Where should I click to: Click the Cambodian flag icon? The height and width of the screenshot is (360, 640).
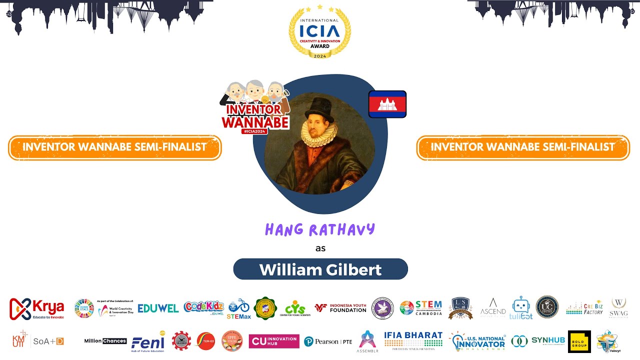pyautogui.click(x=387, y=104)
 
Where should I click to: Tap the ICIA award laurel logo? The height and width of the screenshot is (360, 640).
pyautogui.click(x=320, y=32)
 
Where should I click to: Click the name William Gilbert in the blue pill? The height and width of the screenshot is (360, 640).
pyautogui.click(x=320, y=269)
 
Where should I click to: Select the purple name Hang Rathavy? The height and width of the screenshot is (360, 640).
pyautogui.click(x=320, y=229)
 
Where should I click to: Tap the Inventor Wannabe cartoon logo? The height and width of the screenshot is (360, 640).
pyautogui.click(x=255, y=107)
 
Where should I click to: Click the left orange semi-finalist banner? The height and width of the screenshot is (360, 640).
pyautogui.click(x=114, y=147)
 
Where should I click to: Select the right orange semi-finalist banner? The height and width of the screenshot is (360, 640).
pyautogui.click(x=523, y=147)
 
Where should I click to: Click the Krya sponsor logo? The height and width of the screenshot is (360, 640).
pyautogui.click(x=37, y=308)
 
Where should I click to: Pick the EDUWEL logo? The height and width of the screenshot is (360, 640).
pyautogui.click(x=158, y=308)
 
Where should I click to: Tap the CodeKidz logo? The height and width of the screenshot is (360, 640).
pyautogui.click(x=203, y=307)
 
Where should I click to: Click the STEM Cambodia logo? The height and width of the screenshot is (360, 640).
pyautogui.click(x=421, y=307)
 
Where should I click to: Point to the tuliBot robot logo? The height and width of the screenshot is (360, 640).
pyautogui.click(x=521, y=307)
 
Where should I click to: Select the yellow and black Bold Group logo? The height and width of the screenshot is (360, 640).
pyautogui.click(x=579, y=341)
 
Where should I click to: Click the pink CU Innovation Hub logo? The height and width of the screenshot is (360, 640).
pyautogui.click(x=274, y=341)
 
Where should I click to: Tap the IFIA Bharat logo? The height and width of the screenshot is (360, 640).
pyautogui.click(x=413, y=340)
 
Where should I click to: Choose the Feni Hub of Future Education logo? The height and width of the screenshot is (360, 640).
pyautogui.click(x=148, y=341)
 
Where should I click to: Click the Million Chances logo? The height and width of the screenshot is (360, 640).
pyautogui.click(x=105, y=341)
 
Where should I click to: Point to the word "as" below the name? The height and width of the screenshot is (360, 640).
pyautogui.click(x=320, y=248)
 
